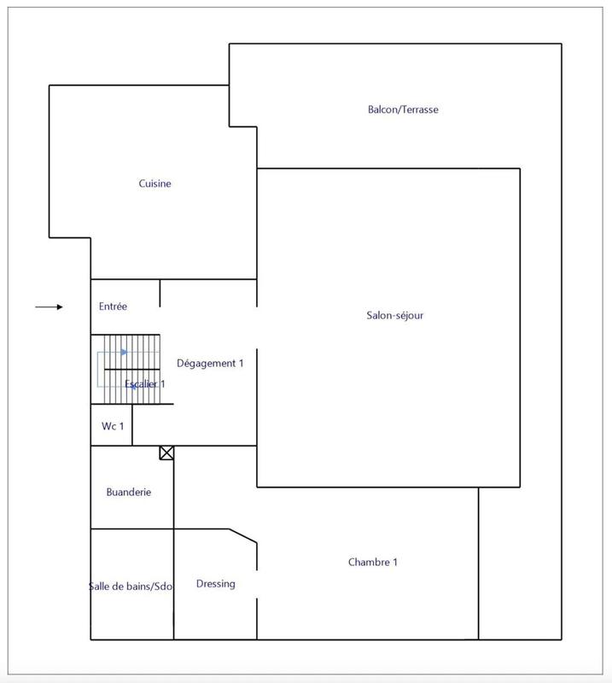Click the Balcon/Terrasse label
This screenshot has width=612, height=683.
point(403,109)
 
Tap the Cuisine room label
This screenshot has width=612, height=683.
point(155,184)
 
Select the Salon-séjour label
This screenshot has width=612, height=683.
point(389,315)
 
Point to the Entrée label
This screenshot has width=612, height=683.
point(113,306)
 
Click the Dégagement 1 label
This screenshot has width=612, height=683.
point(210,363)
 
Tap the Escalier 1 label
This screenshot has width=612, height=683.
point(145,384)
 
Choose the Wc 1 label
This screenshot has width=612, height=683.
point(113,425)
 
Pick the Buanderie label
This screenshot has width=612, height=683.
point(129,492)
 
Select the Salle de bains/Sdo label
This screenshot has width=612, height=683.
point(131,586)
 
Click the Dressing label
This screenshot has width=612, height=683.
point(215,584)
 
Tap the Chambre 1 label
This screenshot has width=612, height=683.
point(373,562)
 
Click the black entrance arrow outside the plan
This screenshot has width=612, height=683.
point(50,306)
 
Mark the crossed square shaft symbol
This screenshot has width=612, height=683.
point(166,452)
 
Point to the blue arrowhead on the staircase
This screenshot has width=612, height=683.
point(125,351)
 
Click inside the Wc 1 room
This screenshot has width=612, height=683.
point(111,435)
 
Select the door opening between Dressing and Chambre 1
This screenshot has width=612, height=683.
point(257,583)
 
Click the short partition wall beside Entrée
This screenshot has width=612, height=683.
point(160,293)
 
